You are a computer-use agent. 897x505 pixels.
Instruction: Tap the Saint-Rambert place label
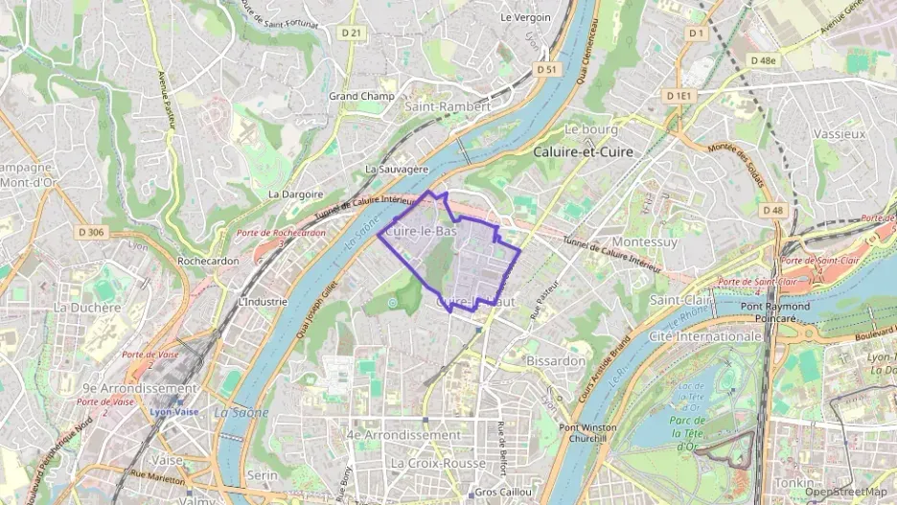tap(448, 106)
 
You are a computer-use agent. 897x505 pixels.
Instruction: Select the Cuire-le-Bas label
tap(421, 231)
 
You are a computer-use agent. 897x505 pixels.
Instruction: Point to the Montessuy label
tap(644, 242)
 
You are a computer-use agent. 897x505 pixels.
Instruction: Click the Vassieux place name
tap(839, 134)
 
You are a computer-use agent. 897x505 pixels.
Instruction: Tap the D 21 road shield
tap(353, 33)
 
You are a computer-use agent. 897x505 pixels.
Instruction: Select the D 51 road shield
tap(546, 69)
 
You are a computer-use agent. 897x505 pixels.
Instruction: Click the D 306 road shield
tap(91, 232)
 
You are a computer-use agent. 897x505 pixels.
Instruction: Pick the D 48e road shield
tap(765, 59)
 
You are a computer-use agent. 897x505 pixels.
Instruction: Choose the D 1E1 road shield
tap(682, 96)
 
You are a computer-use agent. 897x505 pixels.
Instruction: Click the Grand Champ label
tap(356, 96)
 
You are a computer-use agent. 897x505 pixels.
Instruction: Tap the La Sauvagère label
tap(396, 169)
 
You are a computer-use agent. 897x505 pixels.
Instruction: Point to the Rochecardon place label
tap(207, 261)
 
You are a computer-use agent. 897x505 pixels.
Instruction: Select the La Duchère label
tap(87, 308)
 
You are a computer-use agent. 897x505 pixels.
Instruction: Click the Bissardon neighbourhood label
tap(556, 360)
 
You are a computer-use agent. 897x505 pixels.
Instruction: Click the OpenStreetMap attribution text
tap(845, 492)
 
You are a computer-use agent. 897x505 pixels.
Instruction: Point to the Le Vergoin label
tap(526, 17)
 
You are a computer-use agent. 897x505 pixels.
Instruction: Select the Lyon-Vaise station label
tap(173, 412)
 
